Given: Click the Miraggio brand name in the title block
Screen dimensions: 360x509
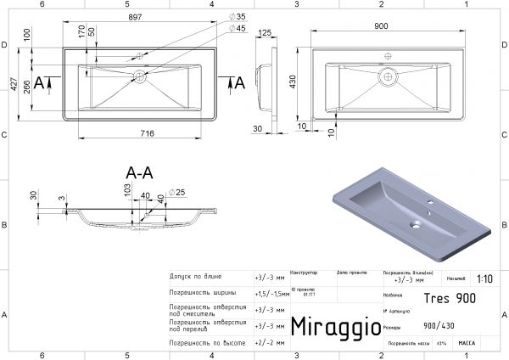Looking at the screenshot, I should (330, 327).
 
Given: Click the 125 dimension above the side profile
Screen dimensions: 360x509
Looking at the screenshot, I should (266, 33).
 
